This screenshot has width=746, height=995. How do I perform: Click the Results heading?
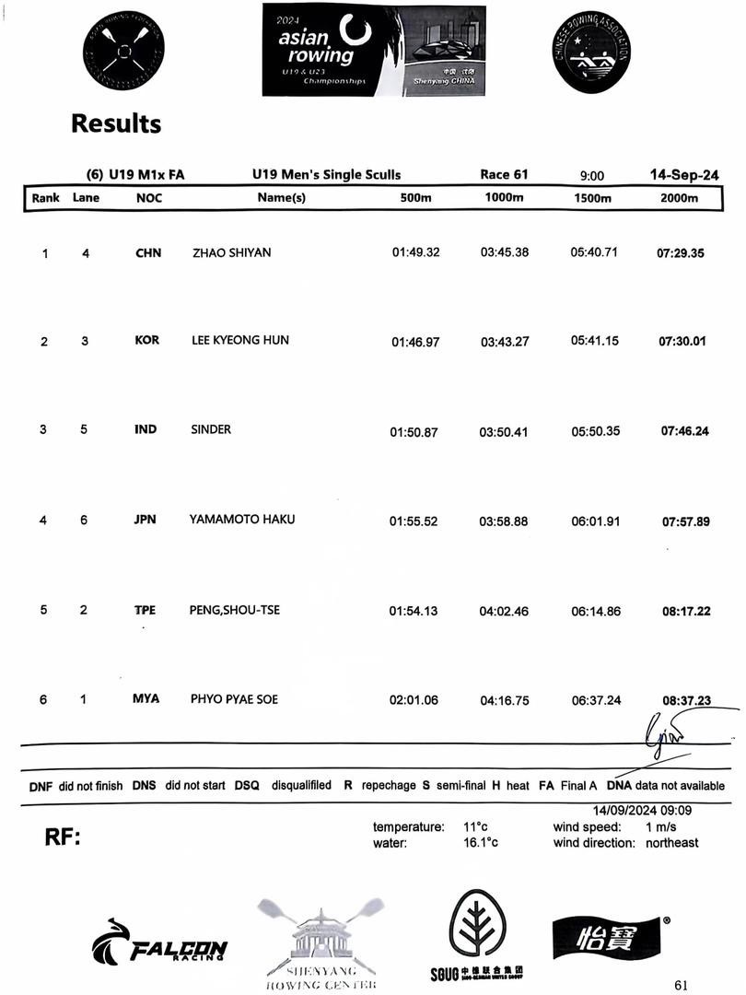tap(116, 123)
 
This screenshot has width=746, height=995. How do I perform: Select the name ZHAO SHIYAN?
tap(231, 252)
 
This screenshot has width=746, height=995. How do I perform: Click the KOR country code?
tap(147, 340)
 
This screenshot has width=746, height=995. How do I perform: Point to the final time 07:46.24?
tap(685, 430)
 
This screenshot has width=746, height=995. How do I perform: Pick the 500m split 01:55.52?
tap(414, 521)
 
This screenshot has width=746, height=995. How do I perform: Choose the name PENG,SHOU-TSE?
tap(236, 610)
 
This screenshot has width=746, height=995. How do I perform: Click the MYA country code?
tap(146, 698)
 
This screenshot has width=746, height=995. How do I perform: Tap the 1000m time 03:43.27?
tap(504, 342)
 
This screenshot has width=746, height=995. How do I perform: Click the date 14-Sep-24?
tap(684, 174)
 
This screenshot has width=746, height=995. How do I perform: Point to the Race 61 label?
tap(504, 174)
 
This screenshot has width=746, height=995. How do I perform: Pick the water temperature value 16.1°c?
tap(480, 842)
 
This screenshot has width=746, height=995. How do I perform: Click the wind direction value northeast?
tap(671, 842)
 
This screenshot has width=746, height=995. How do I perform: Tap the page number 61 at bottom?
tap(681, 985)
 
